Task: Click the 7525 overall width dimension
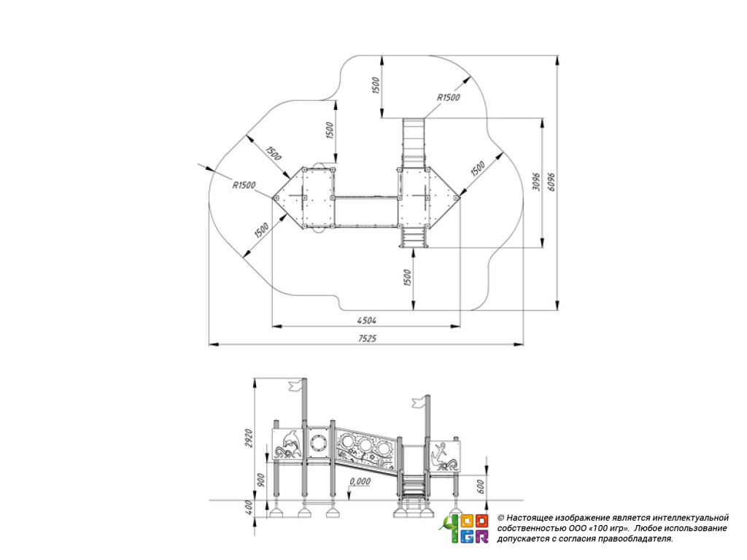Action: pos(367,338)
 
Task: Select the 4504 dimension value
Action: pos(367,321)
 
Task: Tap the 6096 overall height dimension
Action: pos(551,182)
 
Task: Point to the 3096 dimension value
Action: pos(536,182)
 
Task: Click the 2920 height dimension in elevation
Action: pos(248,438)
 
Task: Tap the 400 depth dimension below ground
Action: pos(248,507)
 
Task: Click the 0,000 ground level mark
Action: pos(360,481)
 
